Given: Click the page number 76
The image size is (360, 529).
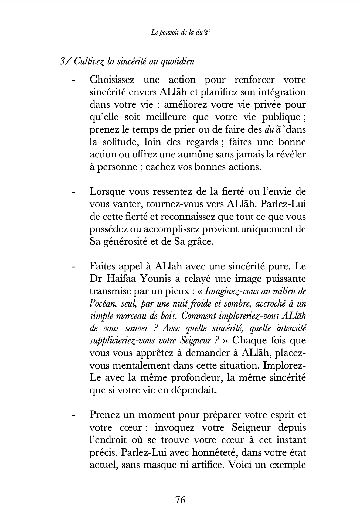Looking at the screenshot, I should click(180, 500).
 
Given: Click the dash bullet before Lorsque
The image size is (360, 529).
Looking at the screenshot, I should click(73, 193).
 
